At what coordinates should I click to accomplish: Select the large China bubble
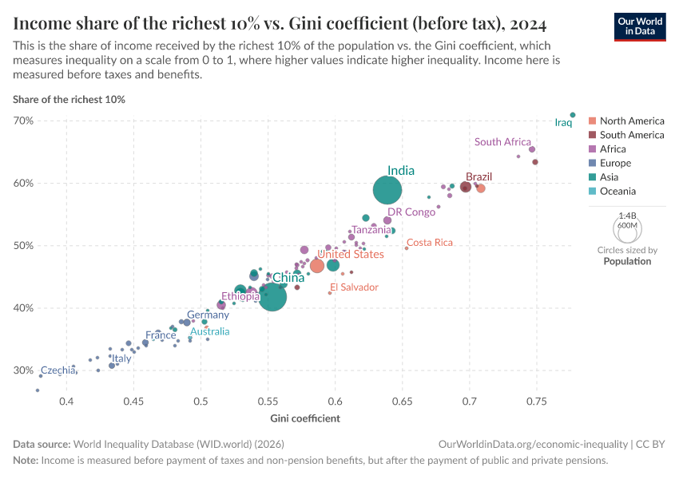[x=272, y=297]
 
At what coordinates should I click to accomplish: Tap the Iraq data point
[x=573, y=115]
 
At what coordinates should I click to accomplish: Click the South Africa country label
[x=502, y=142]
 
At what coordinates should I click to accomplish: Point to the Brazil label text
[x=478, y=176]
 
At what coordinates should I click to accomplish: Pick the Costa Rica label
[x=430, y=243]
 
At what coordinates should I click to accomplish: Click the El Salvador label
[x=354, y=287]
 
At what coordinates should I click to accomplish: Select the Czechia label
[x=58, y=370]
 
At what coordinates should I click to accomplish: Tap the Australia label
[x=209, y=331]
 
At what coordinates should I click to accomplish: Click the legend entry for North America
[x=631, y=121]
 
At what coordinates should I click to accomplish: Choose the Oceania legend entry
[x=617, y=192]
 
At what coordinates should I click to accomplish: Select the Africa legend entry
[x=613, y=149]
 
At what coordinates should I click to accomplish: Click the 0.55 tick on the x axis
[x=268, y=400]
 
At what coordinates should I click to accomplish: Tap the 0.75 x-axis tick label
[x=536, y=400]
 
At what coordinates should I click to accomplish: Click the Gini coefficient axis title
[x=305, y=418]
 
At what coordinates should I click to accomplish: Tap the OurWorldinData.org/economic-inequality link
[x=533, y=444]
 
